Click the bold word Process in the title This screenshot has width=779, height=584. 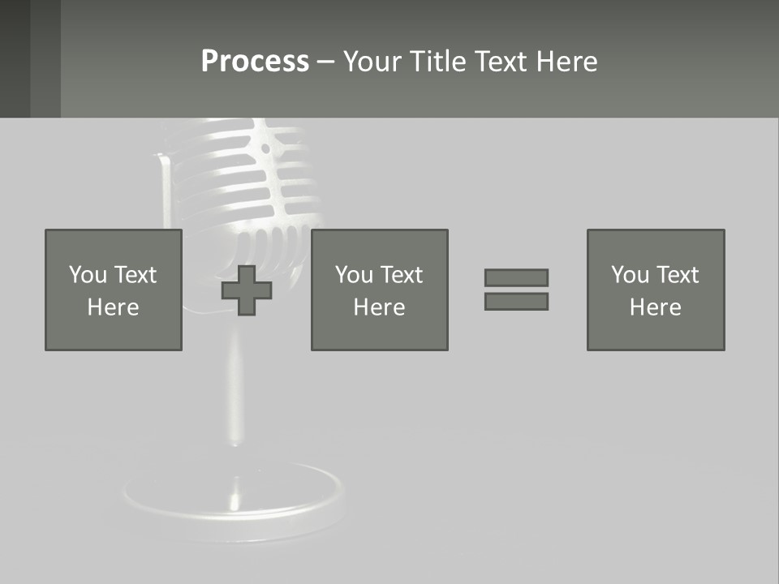(x=255, y=62)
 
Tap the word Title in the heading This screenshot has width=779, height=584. (x=438, y=62)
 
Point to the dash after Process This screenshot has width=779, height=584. (x=325, y=62)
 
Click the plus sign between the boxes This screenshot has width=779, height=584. (x=247, y=290)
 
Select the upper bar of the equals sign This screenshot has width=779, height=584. (x=516, y=277)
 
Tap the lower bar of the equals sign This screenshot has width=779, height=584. (x=516, y=301)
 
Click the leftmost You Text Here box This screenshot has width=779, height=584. (x=113, y=290)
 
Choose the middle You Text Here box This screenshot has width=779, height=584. (x=379, y=290)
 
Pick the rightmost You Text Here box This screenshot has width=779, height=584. (x=655, y=290)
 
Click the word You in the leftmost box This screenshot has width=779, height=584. (x=88, y=275)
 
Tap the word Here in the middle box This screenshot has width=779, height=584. (x=379, y=307)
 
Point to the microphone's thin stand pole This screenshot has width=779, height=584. (x=235, y=389)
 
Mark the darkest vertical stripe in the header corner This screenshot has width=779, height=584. (x=15, y=58)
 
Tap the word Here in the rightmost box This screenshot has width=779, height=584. (x=655, y=307)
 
